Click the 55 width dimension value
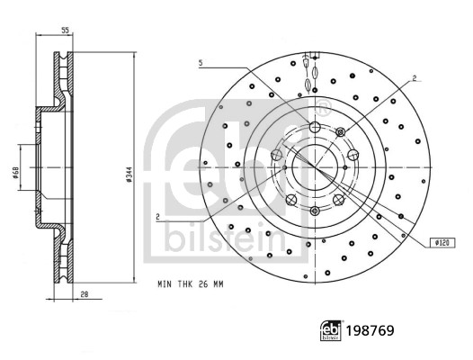click(x=65, y=30)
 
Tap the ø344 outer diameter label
click(x=129, y=175)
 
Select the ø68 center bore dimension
click(x=15, y=173)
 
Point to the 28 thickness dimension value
click(x=85, y=293)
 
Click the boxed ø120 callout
click(x=442, y=243)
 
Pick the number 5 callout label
click(x=201, y=63)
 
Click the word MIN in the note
click(x=165, y=284)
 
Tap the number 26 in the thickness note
click(x=202, y=284)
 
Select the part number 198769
click(x=370, y=330)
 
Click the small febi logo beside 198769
click(x=331, y=330)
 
